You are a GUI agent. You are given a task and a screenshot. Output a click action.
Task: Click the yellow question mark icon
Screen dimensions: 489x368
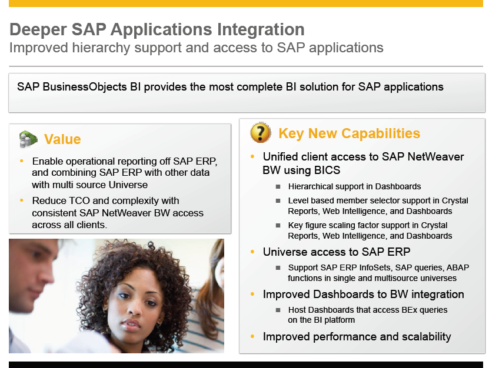coord(261,133)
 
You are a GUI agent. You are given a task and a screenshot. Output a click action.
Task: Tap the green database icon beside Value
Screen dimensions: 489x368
coord(28,139)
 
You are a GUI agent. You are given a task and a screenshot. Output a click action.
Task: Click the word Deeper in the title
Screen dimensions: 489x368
coord(38,29)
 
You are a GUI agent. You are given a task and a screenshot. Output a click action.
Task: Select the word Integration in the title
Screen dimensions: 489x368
coord(261,29)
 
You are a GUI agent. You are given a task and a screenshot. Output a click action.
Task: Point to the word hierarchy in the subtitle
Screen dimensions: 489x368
coord(101,48)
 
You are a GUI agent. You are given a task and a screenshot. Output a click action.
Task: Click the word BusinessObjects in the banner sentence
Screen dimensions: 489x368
coord(85,87)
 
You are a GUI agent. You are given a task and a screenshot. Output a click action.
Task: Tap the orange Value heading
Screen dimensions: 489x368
coord(62,139)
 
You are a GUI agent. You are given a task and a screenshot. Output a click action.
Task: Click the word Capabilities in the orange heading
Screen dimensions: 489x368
coord(381,133)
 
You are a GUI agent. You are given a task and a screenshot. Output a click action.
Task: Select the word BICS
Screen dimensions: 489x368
coord(327,170)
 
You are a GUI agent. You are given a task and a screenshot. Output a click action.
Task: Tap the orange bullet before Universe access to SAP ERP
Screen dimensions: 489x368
coord(252,252)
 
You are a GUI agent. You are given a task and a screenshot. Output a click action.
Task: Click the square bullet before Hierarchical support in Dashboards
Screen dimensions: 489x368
coord(278,187)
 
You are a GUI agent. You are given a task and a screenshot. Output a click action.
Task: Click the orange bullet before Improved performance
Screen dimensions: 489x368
coord(252,336)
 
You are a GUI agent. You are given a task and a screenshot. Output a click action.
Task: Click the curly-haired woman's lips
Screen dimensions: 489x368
coord(132,324)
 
